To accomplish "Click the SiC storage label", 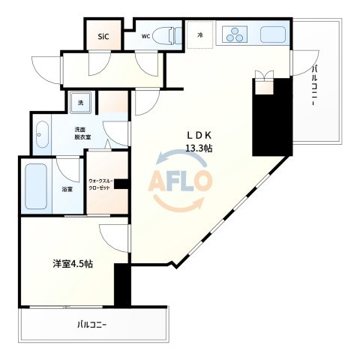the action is click(x=103, y=37).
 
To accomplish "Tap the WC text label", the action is click(x=145, y=36).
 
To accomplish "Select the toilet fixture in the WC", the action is click(x=166, y=37).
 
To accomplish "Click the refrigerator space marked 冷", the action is click(x=200, y=34).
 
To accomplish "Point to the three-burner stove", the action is click(x=235, y=35).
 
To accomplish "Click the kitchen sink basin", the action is click(x=273, y=34).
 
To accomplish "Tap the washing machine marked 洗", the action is click(x=80, y=103).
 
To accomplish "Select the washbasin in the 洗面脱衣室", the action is click(x=42, y=135).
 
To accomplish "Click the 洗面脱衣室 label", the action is click(x=82, y=133).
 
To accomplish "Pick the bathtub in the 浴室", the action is click(x=36, y=186).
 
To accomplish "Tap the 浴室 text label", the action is click(x=67, y=190).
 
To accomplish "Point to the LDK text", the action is click(x=199, y=135).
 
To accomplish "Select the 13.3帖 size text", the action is click(x=199, y=148).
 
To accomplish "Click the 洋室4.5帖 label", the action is click(x=73, y=264).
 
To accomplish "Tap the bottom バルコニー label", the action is click(x=92, y=325).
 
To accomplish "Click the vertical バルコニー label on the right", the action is click(x=315, y=85).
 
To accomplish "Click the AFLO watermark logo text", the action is click(x=181, y=180).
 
